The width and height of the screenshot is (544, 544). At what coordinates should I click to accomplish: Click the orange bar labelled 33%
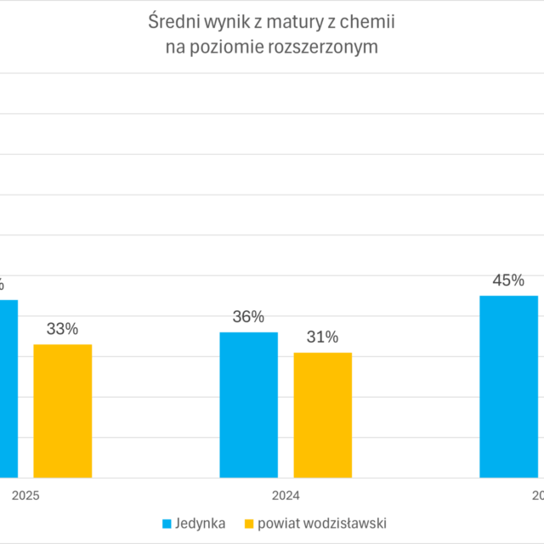(x=62, y=411)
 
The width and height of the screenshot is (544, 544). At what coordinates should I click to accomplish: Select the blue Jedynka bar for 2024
(x=248, y=405)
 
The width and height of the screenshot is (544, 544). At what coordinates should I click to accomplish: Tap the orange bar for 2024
(x=322, y=415)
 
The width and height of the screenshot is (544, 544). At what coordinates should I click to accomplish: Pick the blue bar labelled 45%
(x=508, y=387)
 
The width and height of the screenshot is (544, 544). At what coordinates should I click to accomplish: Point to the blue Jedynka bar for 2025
(x=8, y=388)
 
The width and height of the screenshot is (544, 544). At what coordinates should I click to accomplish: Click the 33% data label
(x=62, y=329)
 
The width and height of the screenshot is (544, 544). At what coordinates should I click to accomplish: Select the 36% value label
(x=248, y=317)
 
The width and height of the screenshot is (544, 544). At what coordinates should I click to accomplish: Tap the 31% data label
(x=322, y=337)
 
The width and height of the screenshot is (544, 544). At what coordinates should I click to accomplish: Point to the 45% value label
(x=508, y=280)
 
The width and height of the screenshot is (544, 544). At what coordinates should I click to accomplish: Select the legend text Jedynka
(x=201, y=523)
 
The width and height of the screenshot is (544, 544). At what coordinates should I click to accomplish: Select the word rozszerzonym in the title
(x=326, y=48)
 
